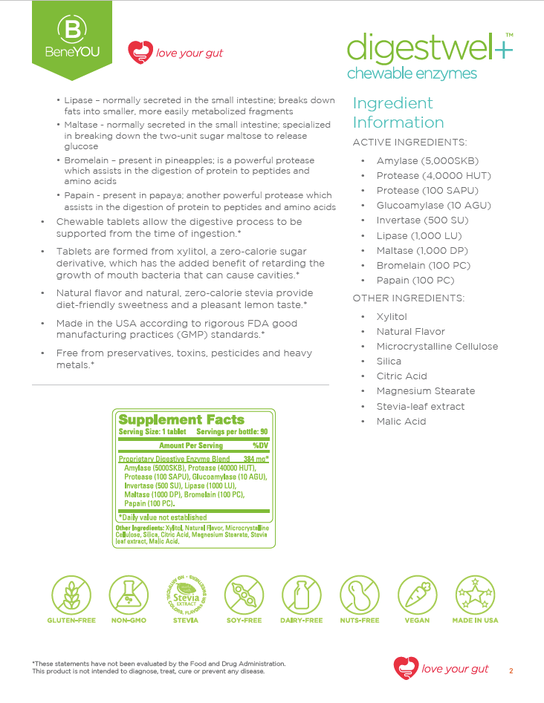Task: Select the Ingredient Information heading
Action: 398,113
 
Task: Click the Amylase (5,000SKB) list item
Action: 427,161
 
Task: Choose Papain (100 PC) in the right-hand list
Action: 415,281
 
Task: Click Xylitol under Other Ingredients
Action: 392,317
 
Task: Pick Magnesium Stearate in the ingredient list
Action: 425,391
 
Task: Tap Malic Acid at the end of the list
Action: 401,422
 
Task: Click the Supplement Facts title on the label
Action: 181,419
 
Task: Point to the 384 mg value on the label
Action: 256,460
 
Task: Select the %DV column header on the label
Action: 259,445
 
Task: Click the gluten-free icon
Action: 71,595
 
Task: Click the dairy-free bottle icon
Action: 302,595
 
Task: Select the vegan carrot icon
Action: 417,595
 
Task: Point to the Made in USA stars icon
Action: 475,595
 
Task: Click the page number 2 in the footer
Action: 511,670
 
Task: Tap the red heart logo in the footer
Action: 405,667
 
